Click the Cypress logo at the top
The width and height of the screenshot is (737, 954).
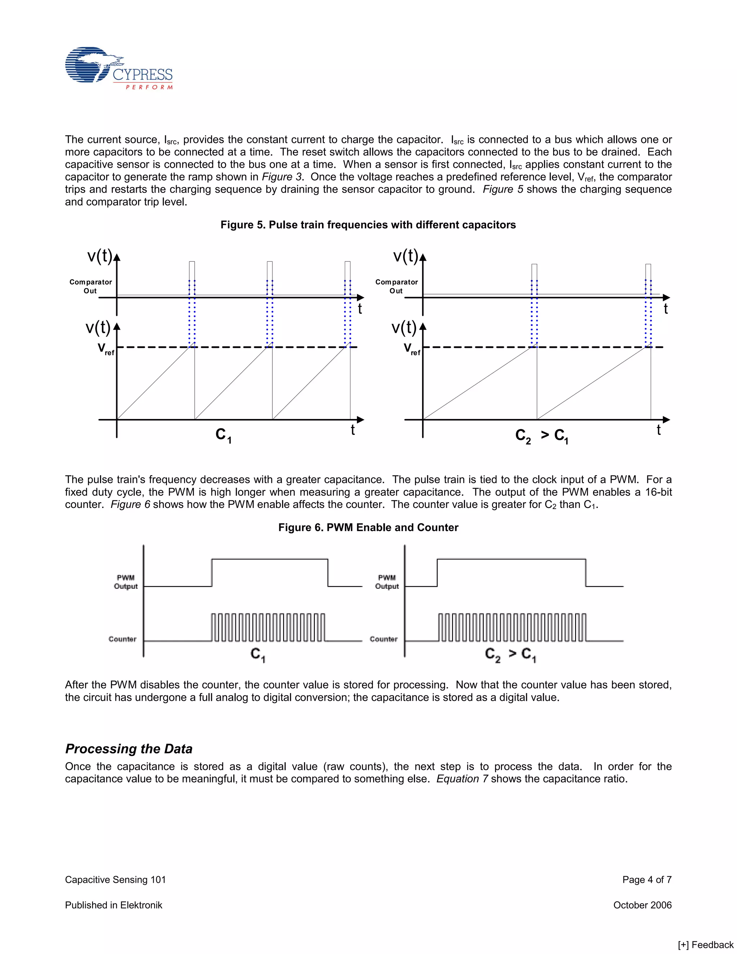tap(119, 68)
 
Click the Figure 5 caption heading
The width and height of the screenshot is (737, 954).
tap(368, 225)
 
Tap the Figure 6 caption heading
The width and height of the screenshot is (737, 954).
tap(368, 528)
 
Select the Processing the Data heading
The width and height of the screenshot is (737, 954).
tap(129, 749)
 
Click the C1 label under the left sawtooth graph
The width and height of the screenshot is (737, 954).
tap(223, 436)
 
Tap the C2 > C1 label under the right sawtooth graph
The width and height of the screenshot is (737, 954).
tap(541, 436)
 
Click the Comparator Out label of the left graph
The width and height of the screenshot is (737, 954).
tap(90, 287)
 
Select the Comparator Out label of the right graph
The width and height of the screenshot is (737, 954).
tap(397, 287)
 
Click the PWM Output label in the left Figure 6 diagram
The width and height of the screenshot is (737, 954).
tap(126, 582)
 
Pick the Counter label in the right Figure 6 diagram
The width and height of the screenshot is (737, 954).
tap(383, 639)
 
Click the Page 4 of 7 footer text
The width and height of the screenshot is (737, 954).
tap(647, 880)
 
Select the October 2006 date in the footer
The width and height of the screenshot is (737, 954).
tap(642, 905)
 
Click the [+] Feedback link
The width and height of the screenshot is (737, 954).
tap(706, 945)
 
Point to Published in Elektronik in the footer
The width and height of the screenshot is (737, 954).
tap(113, 905)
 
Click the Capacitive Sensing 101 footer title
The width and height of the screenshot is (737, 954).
tap(115, 880)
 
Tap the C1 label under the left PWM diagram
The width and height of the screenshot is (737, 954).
tap(258, 655)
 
